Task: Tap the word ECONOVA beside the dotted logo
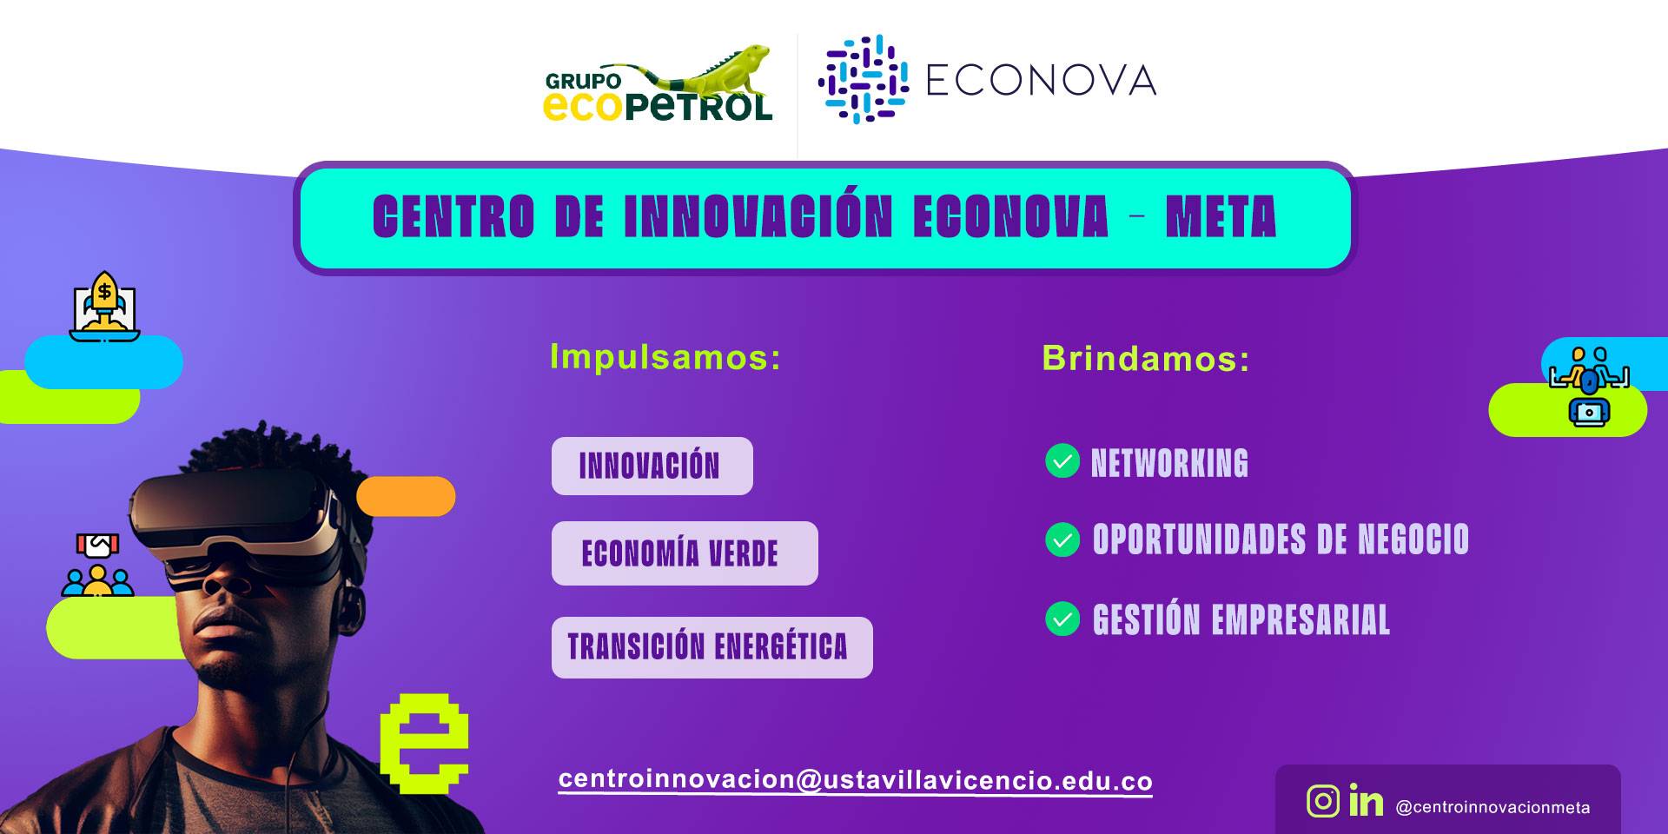(1041, 81)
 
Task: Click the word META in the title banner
(1221, 216)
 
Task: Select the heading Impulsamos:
(665, 357)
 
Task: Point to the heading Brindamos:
(1146, 358)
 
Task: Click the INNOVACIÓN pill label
(652, 467)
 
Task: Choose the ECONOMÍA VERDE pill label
(685, 553)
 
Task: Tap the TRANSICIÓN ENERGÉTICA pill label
(712, 647)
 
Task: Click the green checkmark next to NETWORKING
(1062, 461)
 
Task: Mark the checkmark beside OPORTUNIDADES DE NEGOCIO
(1062, 539)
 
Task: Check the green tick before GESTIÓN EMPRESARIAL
(1062, 619)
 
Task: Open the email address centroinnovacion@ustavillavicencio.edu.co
(856, 780)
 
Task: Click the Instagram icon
(1323, 801)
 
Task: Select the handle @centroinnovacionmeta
(1493, 807)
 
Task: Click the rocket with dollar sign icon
(104, 306)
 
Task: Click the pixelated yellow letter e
(425, 743)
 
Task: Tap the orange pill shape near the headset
(406, 496)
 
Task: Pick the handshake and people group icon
(97, 565)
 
